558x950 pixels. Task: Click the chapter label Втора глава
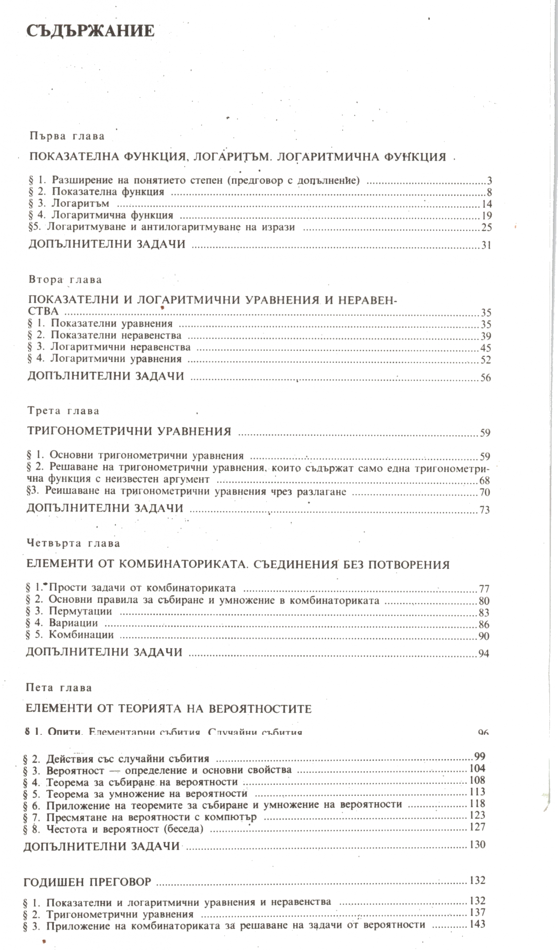pos(65,280)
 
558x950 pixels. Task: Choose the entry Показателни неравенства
pos(116,335)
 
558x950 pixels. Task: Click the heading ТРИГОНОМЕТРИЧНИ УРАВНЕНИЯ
pos(129,431)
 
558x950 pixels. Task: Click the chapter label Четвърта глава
pos(73,543)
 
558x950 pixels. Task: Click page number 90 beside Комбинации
pos(484,636)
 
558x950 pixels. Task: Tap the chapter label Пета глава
pos(59,687)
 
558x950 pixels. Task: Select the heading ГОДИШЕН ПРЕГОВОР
pos(88,881)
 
